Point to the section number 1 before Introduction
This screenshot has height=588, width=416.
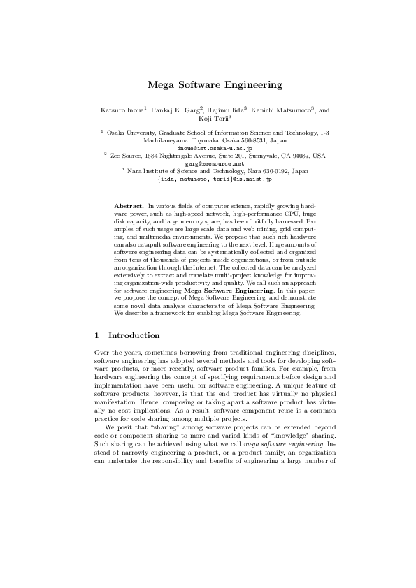point(96,335)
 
